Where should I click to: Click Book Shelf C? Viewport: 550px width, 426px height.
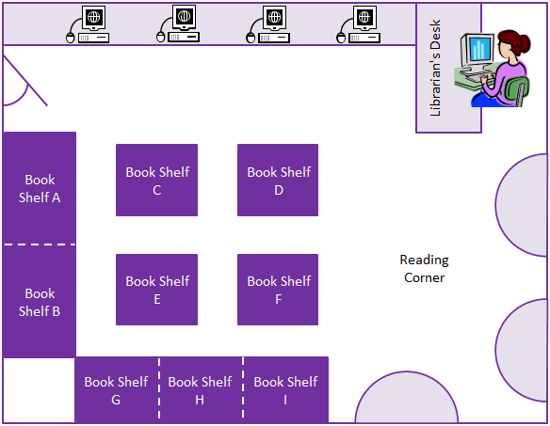pyautogui.click(x=156, y=180)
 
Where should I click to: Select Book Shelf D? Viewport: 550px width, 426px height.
pyautogui.click(x=278, y=180)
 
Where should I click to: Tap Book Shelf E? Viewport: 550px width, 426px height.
pyautogui.click(x=156, y=290)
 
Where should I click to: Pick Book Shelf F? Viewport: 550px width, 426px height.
pyautogui.click(x=278, y=290)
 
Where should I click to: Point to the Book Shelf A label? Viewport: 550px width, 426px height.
pyautogui.click(x=40, y=189)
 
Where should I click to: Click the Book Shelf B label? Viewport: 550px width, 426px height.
pyautogui.click(x=40, y=302)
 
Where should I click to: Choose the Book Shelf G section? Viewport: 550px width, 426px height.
pyautogui.click(x=117, y=389)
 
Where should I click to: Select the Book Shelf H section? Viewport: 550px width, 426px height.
pyautogui.click(x=201, y=389)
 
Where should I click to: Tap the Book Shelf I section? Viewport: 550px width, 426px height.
pyautogui.click(x=285, y=389)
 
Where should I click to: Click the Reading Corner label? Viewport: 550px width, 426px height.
pyautogui.click(x=425, y=269)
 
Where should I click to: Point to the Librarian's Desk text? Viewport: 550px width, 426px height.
pyautogui.click(x=435, y=68)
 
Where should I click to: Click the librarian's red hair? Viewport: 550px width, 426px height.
pyautogui.click(x=514, y=42)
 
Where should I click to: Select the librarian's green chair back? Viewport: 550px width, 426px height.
pyautogui.click(x=516, y=90)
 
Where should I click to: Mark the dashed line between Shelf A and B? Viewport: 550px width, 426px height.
pyautogui.click(x=40, y=245)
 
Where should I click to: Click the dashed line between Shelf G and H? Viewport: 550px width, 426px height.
pyautogui.click(x=159, y=388)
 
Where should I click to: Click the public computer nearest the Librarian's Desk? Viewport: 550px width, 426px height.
pyautogui.click(x=359, y=24)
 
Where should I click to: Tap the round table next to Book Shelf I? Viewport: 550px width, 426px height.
pyautogui.click(x=407, y=397)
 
